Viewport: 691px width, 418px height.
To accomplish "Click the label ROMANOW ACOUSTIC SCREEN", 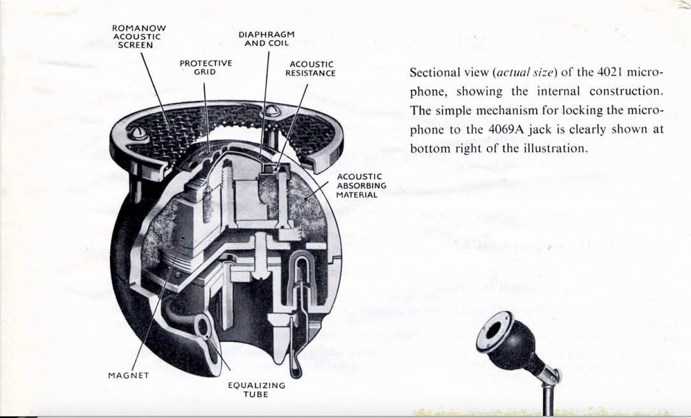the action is (139, 37).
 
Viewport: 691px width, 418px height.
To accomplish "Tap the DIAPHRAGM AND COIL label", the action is (267, 39).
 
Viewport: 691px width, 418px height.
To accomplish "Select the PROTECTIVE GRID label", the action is (206, 68).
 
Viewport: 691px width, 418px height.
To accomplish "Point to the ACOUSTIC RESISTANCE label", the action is (310, 69).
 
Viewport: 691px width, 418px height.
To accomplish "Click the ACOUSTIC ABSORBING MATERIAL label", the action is (361, 186).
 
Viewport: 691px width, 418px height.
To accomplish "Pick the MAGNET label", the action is (128, 376).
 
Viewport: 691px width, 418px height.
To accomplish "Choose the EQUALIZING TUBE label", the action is (257, 390).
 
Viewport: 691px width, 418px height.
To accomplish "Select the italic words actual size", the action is (525, 73).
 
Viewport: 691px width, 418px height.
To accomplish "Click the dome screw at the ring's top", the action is (271, 110).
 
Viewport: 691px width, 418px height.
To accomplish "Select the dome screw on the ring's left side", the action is (138, 132).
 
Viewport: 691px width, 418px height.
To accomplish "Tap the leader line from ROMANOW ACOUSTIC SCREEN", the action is (155, 90).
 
